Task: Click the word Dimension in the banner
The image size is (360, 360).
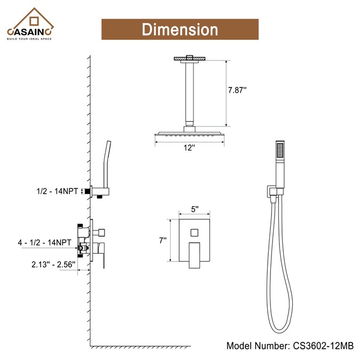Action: coord(180,29)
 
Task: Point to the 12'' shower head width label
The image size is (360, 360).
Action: coord(189,149)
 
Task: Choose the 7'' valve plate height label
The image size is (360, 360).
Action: coord(163,241)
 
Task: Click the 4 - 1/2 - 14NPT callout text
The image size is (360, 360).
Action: coord(45,242)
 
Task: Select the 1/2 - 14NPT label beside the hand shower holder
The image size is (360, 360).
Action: coord(55,191)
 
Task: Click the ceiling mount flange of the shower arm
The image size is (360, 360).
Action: coord(189,58)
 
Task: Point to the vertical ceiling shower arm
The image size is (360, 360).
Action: coord(189,93)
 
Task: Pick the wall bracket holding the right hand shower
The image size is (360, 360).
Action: coord(273,193)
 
